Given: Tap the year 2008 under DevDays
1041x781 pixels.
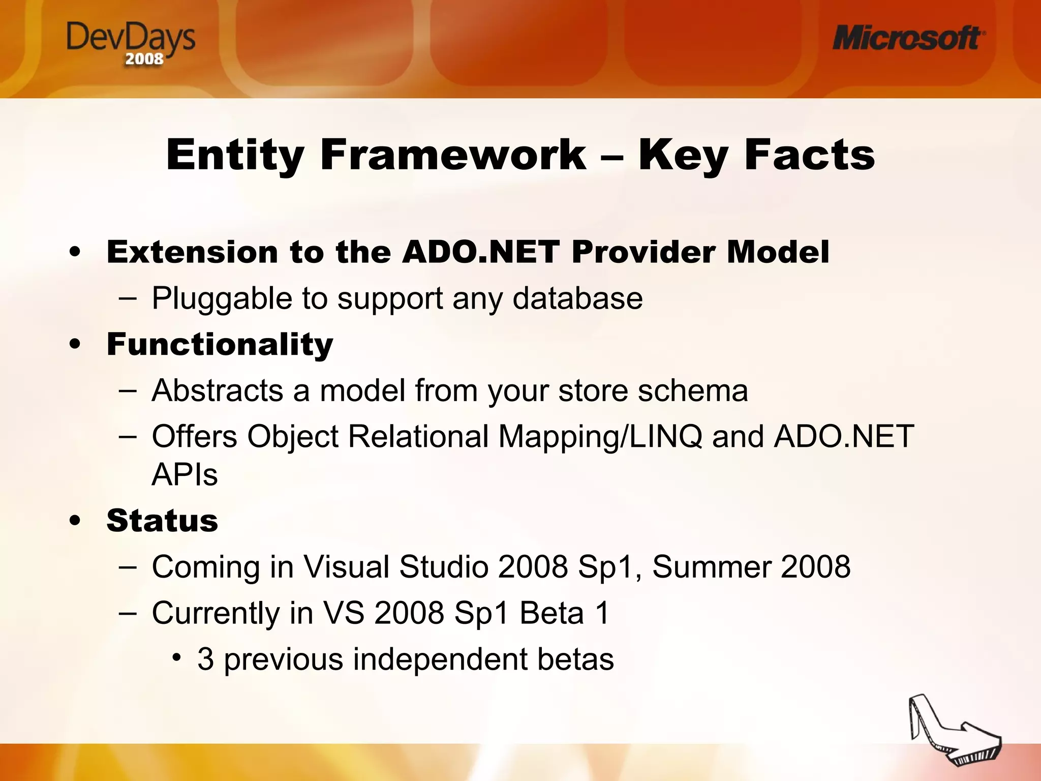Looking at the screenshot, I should coord(144,59).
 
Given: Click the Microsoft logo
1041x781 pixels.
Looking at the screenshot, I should coord(908,38).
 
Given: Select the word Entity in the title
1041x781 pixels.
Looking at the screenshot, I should coord(235,155).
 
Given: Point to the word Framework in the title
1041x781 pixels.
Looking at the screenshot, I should coord(453,155).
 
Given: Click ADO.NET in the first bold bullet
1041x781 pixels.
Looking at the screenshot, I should coord(480,252).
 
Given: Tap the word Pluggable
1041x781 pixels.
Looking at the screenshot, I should coord(222,298).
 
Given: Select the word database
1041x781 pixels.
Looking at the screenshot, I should coord(577,298).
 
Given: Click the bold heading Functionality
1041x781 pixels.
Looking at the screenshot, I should coord(220,344).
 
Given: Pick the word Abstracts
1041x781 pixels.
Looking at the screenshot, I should coord(217,390).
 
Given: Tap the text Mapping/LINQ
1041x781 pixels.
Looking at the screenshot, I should coord(600,437).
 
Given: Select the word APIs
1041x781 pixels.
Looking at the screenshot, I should coord(185,474).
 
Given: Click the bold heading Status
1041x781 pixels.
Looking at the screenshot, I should coord(162,521).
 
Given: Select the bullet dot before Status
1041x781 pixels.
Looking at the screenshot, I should coord(75,521).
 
